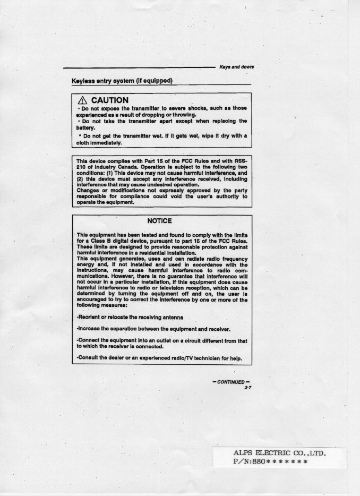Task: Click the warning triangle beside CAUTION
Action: pos(82,100)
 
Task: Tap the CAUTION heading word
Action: pos(109,100)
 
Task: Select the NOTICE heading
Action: pos(159,221)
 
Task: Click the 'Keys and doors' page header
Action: pos(236,67)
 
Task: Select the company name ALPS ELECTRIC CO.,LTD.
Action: pos(279,453)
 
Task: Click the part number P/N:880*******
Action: pos(270,461)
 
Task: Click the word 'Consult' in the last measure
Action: pos(88,358)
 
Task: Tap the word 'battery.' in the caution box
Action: pos(85,127)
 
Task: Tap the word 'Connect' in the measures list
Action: pos(89,340)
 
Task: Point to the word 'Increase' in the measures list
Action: pos(89,329)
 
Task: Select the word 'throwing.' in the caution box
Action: pos(185,114)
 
